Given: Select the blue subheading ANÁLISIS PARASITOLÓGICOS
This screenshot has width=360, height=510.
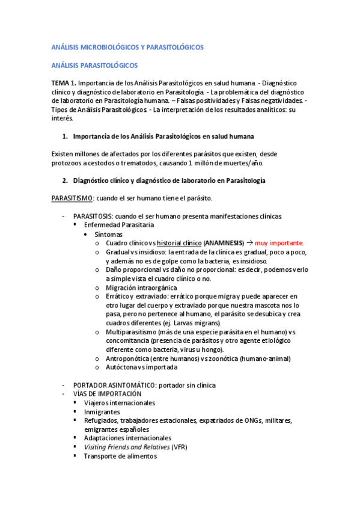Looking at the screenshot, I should click(94, 64).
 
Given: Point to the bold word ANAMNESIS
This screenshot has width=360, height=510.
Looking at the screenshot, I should click(224, 242).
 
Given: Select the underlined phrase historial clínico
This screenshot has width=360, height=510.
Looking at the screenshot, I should click(178, 242).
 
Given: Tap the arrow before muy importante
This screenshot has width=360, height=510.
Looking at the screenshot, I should click(250, 242).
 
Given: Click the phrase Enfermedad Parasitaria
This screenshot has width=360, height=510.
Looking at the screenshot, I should click(119, 224).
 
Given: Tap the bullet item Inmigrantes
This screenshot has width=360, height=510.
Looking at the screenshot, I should click(102, 411).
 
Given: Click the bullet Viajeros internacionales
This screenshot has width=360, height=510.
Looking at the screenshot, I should click(119, 402).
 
